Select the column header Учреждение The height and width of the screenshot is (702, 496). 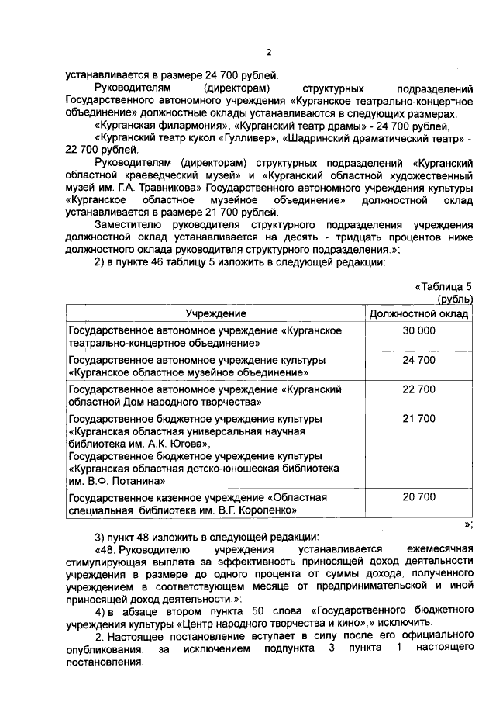coord(215,313)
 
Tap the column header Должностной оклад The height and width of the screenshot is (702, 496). coord(418,313)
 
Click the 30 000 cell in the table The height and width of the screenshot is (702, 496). coord(418,331)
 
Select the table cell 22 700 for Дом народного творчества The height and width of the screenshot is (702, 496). coord(418,389)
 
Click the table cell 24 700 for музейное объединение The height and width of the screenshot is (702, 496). coord(418,361)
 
